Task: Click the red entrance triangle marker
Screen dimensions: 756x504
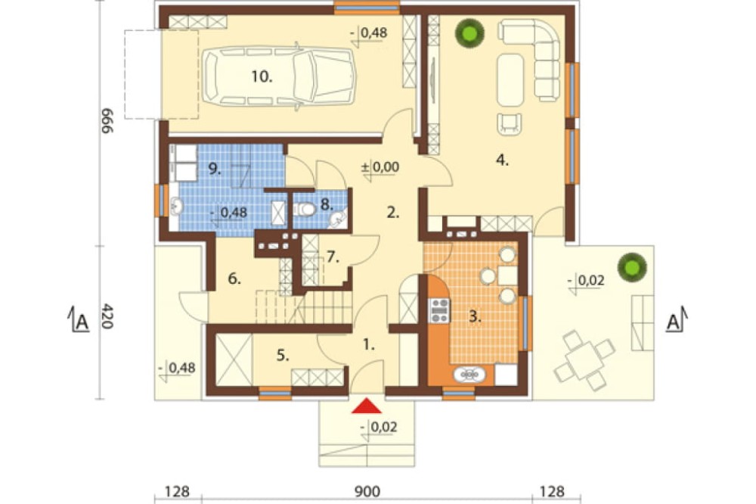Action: pos(367,406)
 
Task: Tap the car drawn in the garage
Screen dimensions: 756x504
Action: pos(279,76)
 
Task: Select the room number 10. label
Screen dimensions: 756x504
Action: pos(262,76)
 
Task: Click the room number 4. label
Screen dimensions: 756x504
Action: pos(503,160)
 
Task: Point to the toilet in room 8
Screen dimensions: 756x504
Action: pos(304,209)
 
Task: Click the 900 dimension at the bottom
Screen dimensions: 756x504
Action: pos(367,491)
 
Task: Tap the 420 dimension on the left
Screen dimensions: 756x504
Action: pos(107,316)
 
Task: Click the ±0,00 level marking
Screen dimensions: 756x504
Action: pos(380,167)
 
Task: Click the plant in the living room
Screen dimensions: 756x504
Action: pos(469,33)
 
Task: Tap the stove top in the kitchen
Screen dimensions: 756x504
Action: pos(439,310)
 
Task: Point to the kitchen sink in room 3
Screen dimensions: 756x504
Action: pos(469,375)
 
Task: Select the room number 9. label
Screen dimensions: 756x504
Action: pos(214,169)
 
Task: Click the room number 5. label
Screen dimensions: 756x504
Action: pos(283,356)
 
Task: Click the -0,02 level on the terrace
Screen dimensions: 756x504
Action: pos(586,281)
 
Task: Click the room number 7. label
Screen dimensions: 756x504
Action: pos(333,257)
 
